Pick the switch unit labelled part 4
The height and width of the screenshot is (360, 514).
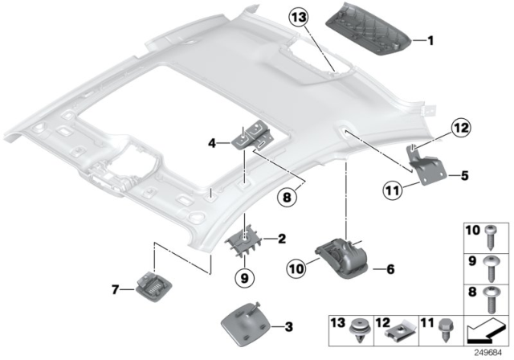(251, 137)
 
